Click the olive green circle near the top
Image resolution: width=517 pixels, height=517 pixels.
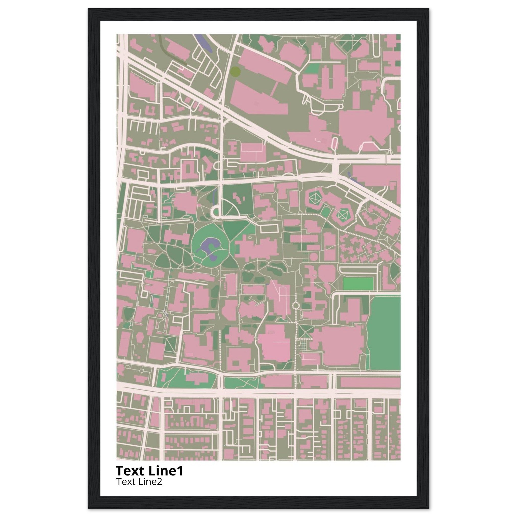[235, 71]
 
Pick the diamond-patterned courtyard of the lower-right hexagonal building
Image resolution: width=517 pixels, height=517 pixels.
[342, 214]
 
